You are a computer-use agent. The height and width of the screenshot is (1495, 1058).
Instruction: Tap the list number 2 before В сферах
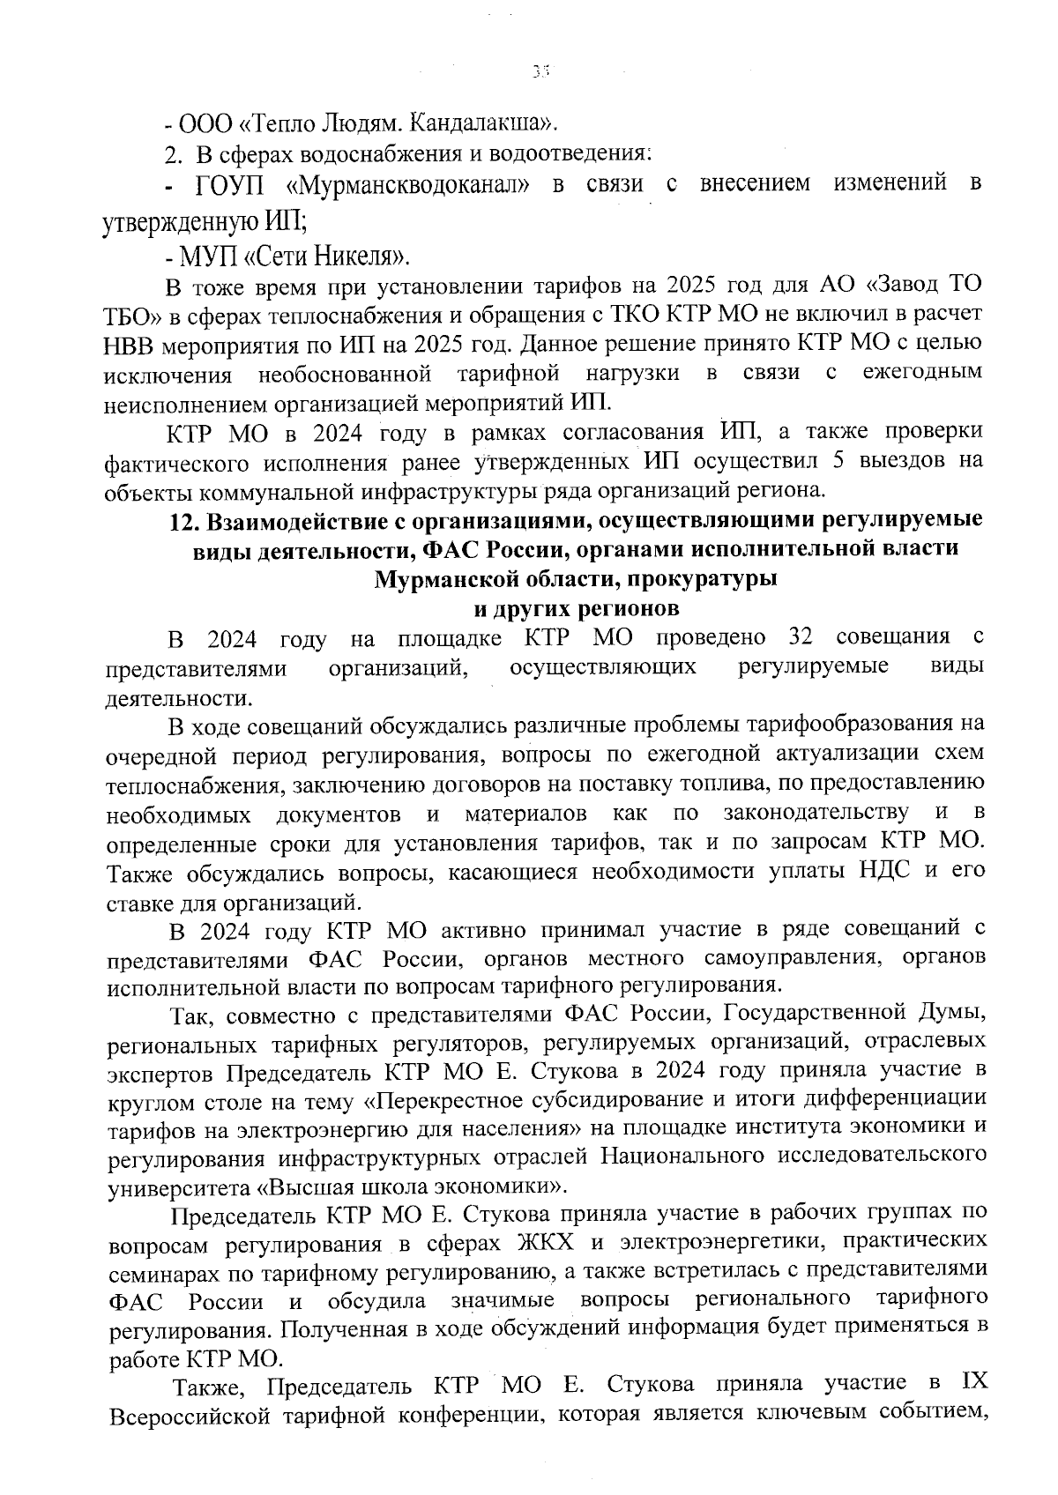pos(172,154)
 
